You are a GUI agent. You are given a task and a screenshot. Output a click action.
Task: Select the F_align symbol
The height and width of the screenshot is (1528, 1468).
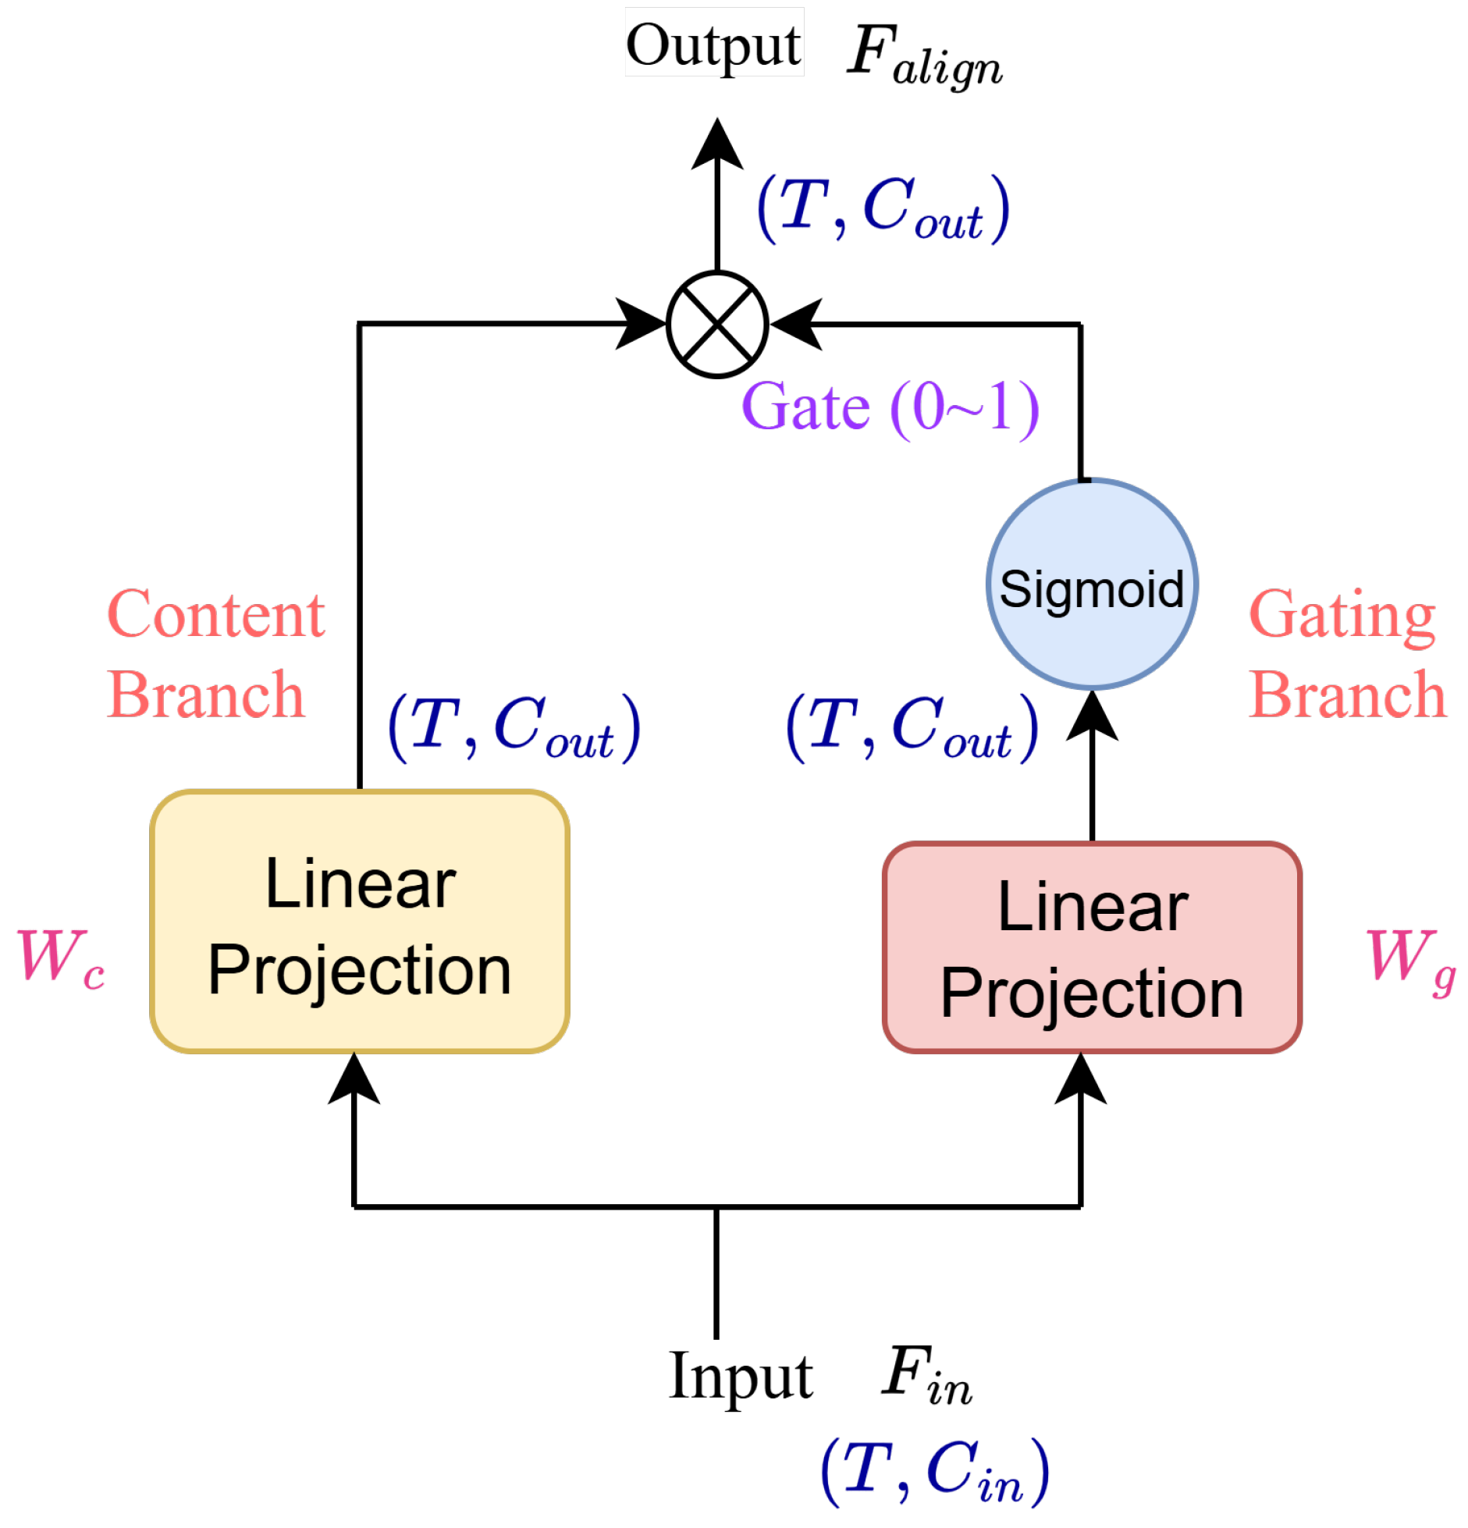pos(925,55)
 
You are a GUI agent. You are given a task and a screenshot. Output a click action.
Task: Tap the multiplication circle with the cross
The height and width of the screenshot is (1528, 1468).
pos(717,324)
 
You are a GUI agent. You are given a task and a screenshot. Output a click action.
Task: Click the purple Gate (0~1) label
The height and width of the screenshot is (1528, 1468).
pos(890,407)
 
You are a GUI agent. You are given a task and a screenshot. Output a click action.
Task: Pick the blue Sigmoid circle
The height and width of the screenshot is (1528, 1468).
pos(1092,585)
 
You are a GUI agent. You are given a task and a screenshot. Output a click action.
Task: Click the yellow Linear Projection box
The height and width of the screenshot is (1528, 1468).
pos(360,921)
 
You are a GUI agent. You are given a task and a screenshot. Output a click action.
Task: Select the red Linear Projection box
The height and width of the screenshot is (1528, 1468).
pos(1092,947)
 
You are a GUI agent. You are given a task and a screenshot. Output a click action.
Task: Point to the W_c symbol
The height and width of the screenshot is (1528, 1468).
pos(61,958)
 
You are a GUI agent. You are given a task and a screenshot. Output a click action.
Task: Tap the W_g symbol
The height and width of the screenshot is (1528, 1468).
pos(1412,960)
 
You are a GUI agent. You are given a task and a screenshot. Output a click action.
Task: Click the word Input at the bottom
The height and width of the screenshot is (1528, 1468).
pos(741,1377)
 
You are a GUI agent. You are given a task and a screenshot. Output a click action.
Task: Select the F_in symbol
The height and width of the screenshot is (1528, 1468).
pos(927,1375)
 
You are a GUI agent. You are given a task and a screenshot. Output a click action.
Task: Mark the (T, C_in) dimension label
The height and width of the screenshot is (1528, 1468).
pos(935,1472)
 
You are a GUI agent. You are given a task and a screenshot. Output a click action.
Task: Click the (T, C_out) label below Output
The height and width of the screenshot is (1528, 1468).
pos(883,208)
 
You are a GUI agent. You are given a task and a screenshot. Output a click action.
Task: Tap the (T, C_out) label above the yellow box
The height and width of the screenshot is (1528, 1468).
pos(514,727)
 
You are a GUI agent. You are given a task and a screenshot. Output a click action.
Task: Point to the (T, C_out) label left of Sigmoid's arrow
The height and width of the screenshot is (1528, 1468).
pos(912,727)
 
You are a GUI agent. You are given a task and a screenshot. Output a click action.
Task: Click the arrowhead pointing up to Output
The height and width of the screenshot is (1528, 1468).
pos(717,144)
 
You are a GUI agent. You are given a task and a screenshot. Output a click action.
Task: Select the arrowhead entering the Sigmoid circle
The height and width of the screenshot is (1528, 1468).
pos(1092,716)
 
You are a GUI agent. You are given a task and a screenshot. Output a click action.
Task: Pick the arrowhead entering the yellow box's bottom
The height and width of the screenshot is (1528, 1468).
pos(354,1078)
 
